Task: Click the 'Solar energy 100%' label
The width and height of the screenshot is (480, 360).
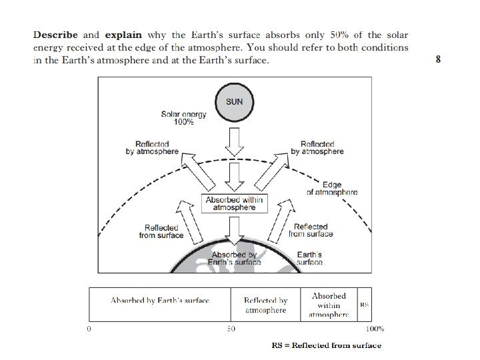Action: [184, 118]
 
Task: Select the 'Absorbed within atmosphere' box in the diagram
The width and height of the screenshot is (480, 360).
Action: [234, 203]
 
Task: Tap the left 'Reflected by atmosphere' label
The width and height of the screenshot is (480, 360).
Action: [152, 147]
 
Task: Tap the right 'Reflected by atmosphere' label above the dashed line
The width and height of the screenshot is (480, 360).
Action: [317, 147]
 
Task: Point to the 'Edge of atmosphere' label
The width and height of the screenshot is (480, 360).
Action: [331, 188]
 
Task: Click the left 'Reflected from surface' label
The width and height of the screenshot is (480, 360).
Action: [161, 231]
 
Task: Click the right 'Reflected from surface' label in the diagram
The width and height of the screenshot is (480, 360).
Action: [311, 230]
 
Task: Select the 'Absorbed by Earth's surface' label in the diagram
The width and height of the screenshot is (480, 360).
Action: [234, 259]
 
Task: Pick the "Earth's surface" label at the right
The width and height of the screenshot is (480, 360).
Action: [309, 259]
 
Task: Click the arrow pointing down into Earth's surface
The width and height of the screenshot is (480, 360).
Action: [234, 231]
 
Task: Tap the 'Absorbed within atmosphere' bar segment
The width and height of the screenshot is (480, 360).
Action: [329, 304]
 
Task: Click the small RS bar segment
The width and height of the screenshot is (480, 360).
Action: [365, 304]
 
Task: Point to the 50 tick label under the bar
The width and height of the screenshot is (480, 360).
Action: [231, 329]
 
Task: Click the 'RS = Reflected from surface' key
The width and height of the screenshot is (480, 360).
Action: [327, 345]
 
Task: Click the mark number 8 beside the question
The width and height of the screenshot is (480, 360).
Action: [438, 59]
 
